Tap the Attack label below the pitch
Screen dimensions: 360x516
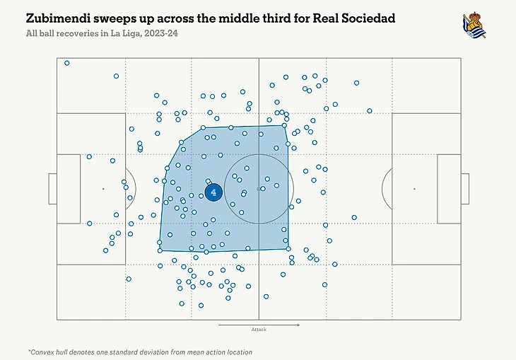(x=259, y=330)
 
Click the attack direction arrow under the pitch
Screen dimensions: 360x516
(x=259, y=325)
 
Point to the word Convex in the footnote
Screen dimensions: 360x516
(x=45, y=352)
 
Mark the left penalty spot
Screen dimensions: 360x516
(x=102, y=189)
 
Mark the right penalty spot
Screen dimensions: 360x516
(x=414, y=189)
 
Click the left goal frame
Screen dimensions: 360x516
(x=52, y=189)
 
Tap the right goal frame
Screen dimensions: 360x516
(x=464, y=189)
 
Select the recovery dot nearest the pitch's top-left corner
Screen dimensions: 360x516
(x=67, y=63)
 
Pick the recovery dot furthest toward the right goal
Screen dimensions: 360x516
(x=369, y=110)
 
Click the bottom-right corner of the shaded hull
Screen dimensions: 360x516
(x=288, y=248)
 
